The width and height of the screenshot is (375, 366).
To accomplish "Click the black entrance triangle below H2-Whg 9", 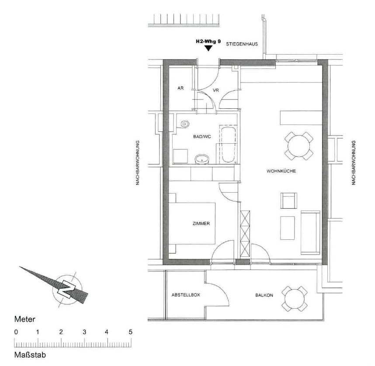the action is pyautogui.click(x=209, y=48).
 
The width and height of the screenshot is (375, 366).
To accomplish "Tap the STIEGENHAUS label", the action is pyautogui.click(x=242, y=44).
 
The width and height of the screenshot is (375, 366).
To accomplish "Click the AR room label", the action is pyautogui.click(x=181, y=88).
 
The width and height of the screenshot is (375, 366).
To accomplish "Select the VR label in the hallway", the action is pyautogui.click(x=216, y=90).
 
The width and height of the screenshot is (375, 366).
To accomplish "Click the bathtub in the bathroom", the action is pyautogui.click(x=228, y=145).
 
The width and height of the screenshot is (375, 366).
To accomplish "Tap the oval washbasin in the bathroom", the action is pyautogui.click(x=202, y=159).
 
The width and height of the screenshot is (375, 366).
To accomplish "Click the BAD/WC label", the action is pyautogui.click(x=202, y=137).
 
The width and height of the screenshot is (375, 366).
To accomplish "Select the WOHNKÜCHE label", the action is pyautogui.click(x=281, y=171).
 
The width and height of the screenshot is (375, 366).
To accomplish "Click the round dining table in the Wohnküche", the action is pyautogui.click(x=299, y=146).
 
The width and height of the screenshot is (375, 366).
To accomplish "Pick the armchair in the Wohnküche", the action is pyautogui.click(x=288, y=201).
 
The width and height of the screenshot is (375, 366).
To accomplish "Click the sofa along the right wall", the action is pyautogui.click(x=310, y=232).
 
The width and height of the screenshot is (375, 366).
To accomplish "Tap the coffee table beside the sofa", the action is pyautogui.click(x=288, y=228).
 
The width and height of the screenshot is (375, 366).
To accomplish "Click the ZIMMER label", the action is pyautogui.click(x=201, y=224).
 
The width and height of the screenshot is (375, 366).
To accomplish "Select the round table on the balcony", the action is pyautogui.click(x=295, y=299).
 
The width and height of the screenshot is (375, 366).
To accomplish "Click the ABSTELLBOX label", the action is pyautogui.click(x=186, y=295).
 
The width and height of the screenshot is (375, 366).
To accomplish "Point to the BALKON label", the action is pyautogui.click(x=264, y=295).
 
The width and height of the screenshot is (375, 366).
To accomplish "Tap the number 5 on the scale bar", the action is pyautogui.click(x=131, y=332).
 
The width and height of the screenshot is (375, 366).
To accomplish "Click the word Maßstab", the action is pyautogui.click(x=30, y=355).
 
